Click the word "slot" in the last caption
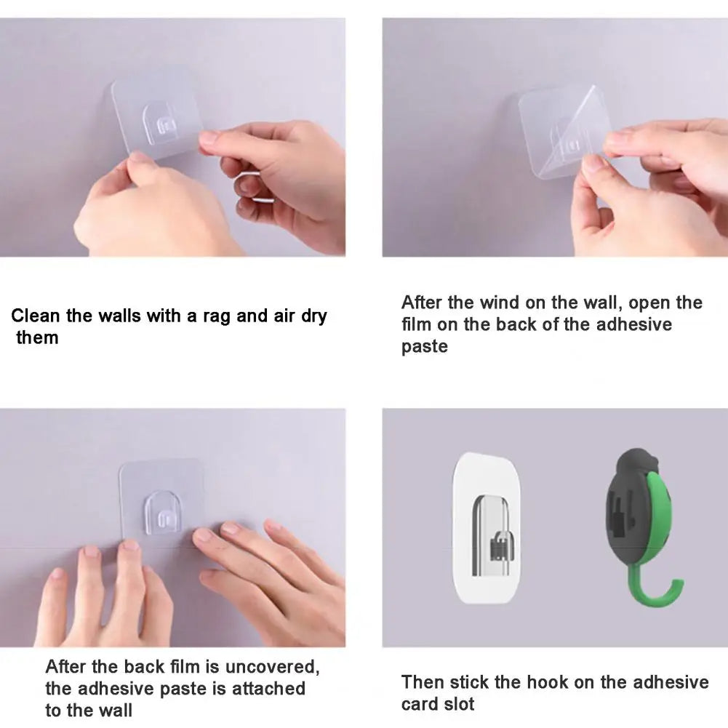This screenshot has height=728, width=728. click(459, 704)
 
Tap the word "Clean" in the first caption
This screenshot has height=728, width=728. click(36, 316)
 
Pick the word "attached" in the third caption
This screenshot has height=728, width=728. click(268, 689)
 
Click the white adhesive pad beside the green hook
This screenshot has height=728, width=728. click(486, 528)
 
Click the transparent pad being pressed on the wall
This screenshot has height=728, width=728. click(161, 504)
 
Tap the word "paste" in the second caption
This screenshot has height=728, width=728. click(424, 346)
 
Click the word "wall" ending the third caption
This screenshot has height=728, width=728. click(117, 711)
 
